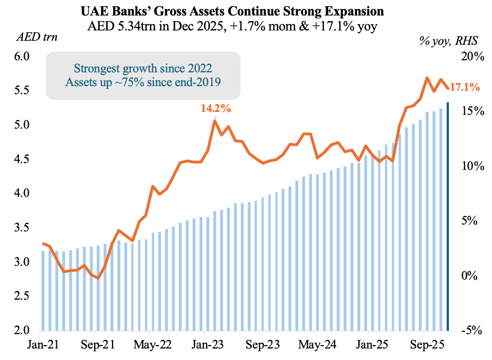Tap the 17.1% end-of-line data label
[x=464, y=87]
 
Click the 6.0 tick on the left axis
[x=22, y=56]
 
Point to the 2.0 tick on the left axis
[x=22, y=331]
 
